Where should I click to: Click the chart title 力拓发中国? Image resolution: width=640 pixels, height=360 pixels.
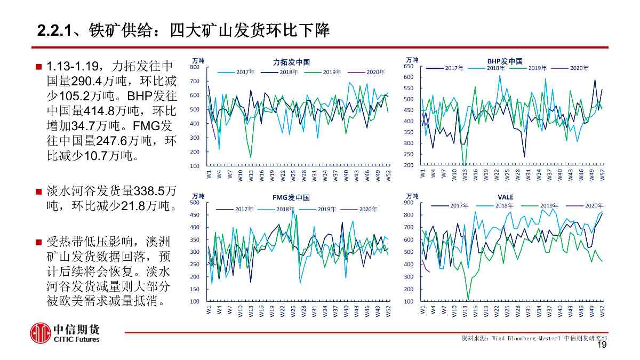(291, 62)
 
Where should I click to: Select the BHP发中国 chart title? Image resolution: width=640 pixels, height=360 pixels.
(505, 61)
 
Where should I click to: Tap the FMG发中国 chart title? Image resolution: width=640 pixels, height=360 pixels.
(291, 197)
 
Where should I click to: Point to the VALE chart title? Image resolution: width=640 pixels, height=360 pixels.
(505, 197)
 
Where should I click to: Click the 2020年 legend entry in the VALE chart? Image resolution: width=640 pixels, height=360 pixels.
(594, 205)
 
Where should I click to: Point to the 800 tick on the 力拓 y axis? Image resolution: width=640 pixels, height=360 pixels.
(195, 67)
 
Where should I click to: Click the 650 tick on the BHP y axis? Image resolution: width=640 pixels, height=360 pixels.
(408, 66)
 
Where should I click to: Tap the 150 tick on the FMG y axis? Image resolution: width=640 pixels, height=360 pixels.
(195, 289)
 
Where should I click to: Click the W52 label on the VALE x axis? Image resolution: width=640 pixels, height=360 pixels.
(603, 311)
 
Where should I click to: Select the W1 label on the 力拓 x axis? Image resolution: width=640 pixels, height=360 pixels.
(209, 174)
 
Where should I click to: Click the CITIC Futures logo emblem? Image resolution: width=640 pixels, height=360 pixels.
(40, 333)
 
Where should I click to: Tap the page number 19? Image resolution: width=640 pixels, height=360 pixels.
(602, 346)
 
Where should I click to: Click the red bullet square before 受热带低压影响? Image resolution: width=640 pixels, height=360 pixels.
(38, 243)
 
